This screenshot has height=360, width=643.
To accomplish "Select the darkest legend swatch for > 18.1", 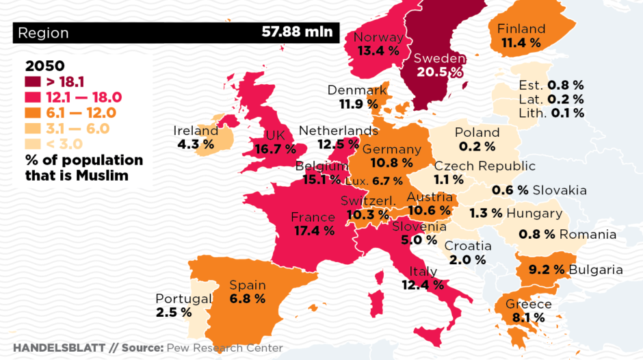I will (x=32, y=83).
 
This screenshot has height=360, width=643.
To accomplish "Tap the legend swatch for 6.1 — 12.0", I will (x=32, y=113).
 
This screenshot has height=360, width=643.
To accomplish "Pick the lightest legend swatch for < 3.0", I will (x=32, y=144).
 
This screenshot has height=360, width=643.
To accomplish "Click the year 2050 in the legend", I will (x=44, y=66).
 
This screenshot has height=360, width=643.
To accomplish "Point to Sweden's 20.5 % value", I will (x=438, y=72).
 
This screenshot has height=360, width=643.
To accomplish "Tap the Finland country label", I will (x=521, y=29).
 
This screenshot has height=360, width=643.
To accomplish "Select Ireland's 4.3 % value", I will (x=195, y=144).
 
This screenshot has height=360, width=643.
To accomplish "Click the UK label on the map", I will (x=274, y=135).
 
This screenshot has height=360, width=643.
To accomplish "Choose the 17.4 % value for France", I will (x=314, y=231).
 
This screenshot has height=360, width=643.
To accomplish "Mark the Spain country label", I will (x=247, y=285).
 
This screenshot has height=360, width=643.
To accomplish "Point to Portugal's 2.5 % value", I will (x=174, y=312).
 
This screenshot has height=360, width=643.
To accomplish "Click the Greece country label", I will (x=528, y=304).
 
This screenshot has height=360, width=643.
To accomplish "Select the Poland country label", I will (x=477, y=132).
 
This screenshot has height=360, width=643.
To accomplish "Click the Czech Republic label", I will (x=485, y=166).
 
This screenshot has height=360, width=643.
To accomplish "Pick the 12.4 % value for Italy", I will (x=423, y=284).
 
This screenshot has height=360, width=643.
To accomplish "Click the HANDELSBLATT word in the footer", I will (x=59, y=348).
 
